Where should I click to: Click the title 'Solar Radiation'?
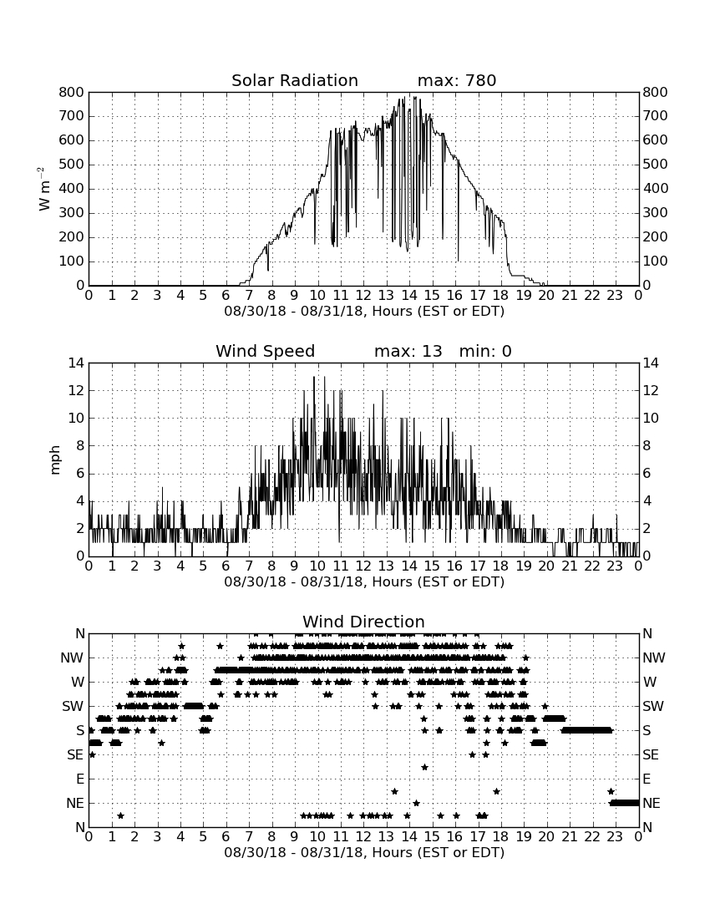(295, 80)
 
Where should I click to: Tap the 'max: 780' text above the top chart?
(457, 80)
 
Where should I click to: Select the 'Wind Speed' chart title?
(266, 351)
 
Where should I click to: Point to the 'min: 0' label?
(485, 351)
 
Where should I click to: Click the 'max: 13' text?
(408, 351)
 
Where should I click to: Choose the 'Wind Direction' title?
(364, 622)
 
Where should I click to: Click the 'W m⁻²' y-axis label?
(44, 189)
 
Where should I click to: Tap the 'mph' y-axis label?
(55, 460)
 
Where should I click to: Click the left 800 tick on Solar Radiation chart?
(72, 92)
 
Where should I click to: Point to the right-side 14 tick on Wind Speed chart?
(651, 363)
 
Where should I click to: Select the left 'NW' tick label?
(73, 658)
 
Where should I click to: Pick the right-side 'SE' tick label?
(651, 755)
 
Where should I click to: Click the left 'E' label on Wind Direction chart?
(81, 779)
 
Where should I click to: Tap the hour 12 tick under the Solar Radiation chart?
(364, 295)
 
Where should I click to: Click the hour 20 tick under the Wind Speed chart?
(546, 566)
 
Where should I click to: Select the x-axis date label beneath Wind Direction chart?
(364, 853)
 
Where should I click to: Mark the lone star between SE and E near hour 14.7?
(424, 767)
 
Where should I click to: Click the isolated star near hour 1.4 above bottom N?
(120, 815)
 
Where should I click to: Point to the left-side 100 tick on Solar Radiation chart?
(72, 261)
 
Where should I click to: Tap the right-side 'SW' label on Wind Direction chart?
(653, 706)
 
